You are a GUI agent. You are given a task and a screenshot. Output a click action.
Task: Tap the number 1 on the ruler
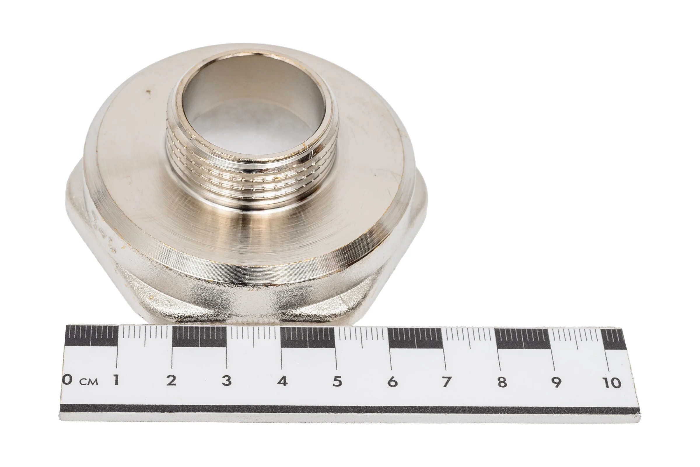(116, 380)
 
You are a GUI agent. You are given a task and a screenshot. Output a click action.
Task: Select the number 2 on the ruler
(171, 380)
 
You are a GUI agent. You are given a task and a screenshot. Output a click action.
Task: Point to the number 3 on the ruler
(227, 381)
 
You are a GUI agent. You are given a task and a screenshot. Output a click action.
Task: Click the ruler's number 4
(282, 381)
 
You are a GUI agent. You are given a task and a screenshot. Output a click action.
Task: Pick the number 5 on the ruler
(337, 381)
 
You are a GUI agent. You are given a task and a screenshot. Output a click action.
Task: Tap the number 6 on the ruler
(393, 382)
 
